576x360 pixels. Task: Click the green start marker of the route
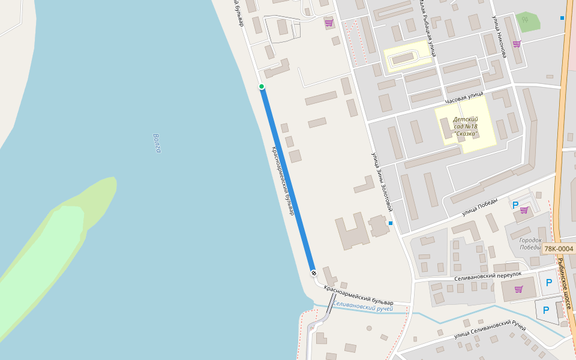pos(262,87)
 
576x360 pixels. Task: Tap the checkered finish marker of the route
pos(313,273)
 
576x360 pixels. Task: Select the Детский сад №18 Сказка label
pos(466,126)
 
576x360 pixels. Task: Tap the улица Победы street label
pos(480,207)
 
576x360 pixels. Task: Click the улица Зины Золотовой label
pos(381,182)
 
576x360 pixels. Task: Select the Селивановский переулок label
pos(484,273)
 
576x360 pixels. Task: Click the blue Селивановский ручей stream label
pos(363,307)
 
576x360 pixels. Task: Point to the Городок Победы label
pos(530,244)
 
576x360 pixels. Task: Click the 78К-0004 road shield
pos(559,248)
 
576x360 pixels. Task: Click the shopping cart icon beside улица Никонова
pos(517,44)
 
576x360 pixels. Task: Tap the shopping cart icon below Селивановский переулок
pos(518,289)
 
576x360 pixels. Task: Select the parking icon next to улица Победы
pos(515,205)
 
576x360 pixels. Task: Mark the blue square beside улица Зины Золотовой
pos(391,223)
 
